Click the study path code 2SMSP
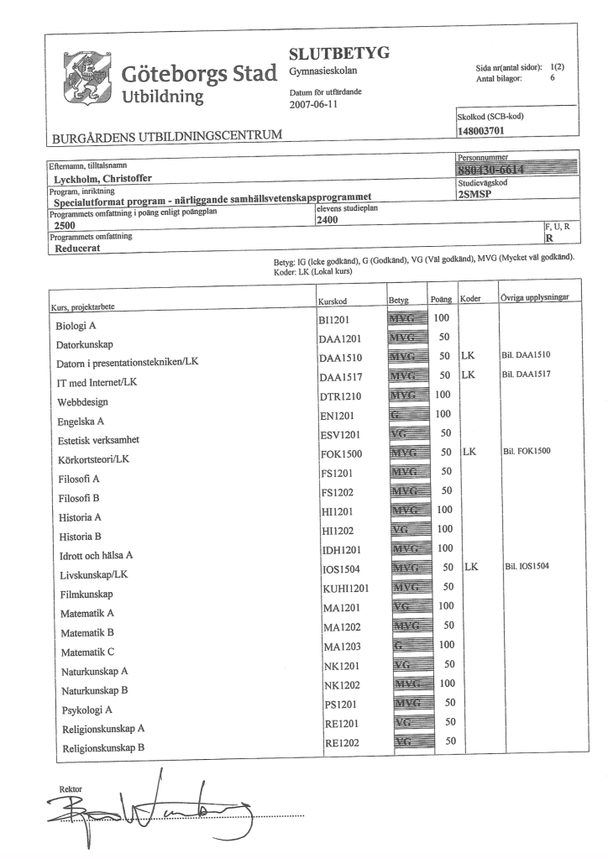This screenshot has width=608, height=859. [479, 192]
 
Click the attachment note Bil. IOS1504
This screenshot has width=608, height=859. [526, 566]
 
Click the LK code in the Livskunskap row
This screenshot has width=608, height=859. [470, 566]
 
